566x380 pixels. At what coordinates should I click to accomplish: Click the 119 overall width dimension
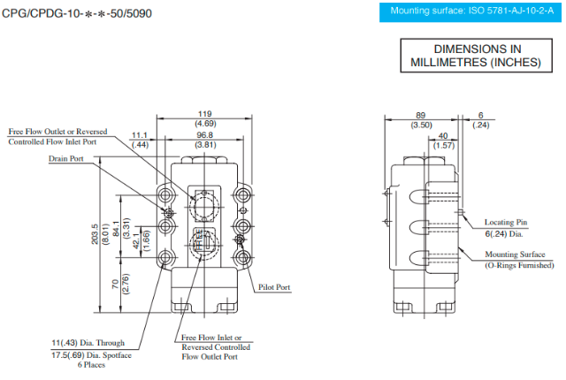coord(205,114)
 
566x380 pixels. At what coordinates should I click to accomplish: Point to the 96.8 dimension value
coord(205,134)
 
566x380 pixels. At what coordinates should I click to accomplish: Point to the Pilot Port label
coord(275,287)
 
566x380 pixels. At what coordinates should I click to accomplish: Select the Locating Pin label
coord(507,222)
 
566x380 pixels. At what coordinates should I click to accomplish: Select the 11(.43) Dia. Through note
coord(88,342)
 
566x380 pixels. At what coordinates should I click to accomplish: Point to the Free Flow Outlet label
coord(57,132)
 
